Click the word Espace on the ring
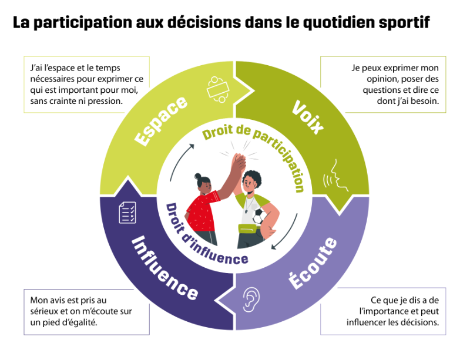(161, 122)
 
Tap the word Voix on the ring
(308, 117)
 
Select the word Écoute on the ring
(313, 264)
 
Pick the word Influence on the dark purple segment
(164, 268)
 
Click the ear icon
(251, 300)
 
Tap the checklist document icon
(127, 213)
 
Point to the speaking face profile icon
(335, 176)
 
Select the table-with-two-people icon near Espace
(218, 90)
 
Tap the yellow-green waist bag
(249, 229)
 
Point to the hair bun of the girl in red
(198, 176)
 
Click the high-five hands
(239, 164)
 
